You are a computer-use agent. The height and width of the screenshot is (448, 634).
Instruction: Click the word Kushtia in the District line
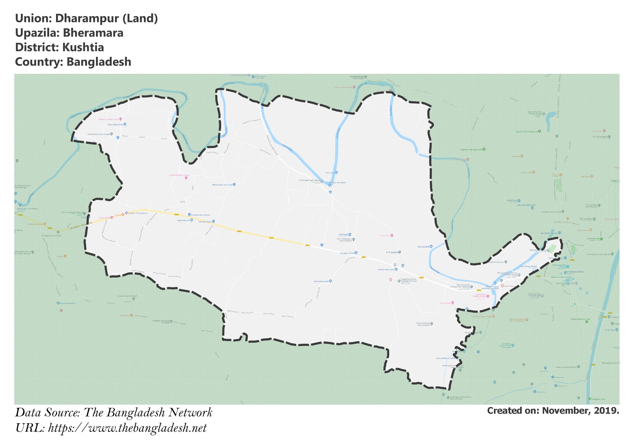pyautogui.click(x=83, y=48)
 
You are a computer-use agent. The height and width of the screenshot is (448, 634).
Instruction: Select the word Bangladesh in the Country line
pyautogui.click(x=99, y=62)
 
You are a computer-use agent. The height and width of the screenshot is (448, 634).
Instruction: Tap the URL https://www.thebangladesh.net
pyautogui.click(x=127, y=428)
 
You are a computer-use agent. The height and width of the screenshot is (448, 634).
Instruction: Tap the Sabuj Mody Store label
pyautogui.click(x=115, y=124)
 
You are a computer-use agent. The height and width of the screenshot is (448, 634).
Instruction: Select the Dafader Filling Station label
pyautogui.click(x=138, y=213)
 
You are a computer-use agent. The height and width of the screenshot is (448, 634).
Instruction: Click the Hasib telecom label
pyautogui.click(x=183, y=220)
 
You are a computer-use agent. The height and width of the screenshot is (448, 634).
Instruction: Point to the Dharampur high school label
pyautogui.click(x=309, y=180)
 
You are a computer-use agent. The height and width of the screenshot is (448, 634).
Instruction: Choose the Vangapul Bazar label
pyautogui.click(x=347, y=253)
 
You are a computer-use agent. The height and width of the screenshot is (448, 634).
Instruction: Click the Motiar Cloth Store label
pyautogui.click(x=386, y=269)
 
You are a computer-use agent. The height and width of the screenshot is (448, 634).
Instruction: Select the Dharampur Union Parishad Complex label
pyautogui.click(x=409, y=280)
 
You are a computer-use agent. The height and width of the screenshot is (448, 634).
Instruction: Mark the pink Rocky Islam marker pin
pyautogui.click(x=453, y=303)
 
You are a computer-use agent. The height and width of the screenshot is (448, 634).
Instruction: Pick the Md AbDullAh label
pyautogui.click(x=423, y=247)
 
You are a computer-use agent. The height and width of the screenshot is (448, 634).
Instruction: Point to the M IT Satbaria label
pyautogui.click(x=392, y=252)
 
